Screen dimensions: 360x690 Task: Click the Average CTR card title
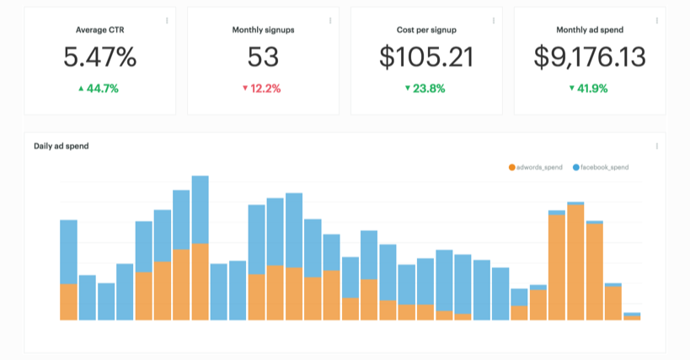click(99, 30)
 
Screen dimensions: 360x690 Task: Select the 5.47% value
click(99, 57)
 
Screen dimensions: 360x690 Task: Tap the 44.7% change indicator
click(99, 88)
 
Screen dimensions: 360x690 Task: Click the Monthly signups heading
click(263, 30)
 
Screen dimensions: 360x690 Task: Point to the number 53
click(263, 57)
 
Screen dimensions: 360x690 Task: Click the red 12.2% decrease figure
click(262, 88)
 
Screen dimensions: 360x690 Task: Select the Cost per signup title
click(426, 30)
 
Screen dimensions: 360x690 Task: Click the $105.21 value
click(426, 57)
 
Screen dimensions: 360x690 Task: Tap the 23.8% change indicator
click(425, 88)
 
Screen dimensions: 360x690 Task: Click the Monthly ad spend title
click(590, 30)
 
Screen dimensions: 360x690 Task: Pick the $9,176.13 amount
click(590, 57)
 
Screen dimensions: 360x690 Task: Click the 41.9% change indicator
click(589, 88)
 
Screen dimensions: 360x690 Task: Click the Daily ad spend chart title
click(62, 146)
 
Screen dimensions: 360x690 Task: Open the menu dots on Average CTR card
click(167, 20)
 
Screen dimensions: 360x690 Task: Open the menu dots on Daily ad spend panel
click(656, 146)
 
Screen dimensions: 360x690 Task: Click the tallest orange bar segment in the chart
click(576, 261)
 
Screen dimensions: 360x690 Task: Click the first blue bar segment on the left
click(69, 251)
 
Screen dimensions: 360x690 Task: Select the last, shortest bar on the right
click(632, 317)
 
